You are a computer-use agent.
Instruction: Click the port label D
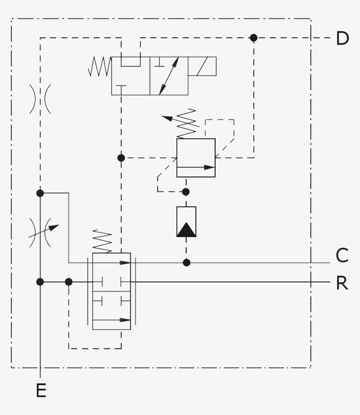click(342, 39)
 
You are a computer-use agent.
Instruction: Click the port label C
click(342, 255)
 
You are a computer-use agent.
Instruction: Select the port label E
click(41, 390)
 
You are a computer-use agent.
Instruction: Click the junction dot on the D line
click(253, 38)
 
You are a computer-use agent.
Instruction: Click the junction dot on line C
click(187, 263)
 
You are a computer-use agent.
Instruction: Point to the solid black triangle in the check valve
click(186, 229)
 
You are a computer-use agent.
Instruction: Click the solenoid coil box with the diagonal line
click(202, 66)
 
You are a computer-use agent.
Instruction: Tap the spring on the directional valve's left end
click(100, 66)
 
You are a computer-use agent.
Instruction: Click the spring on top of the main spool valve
click(102, 241)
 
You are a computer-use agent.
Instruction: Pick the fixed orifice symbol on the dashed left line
click(40, 99)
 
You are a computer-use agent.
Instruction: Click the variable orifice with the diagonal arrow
click(40, 228)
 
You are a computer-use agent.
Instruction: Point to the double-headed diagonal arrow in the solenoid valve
click(169, 76)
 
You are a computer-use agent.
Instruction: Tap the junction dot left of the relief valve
click(122, 158)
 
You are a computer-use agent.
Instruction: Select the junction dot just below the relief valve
click(186, 192)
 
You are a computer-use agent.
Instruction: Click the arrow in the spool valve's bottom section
click(112, 320)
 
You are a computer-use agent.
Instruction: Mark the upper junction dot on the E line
click(40, 193)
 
